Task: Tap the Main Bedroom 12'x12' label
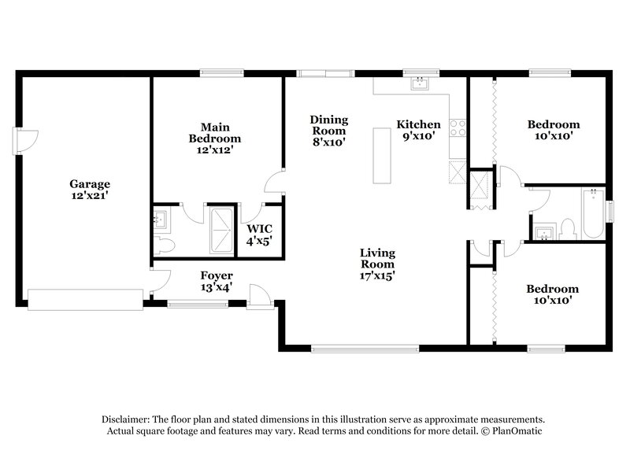pyautogui.click(x=209, y=138)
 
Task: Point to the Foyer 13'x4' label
pyautogui.click(x=217, y=281)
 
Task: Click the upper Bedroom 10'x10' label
pyautogui.click(x=553, y=130)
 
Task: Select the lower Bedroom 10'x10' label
pyautogui.click(x=552, y=294)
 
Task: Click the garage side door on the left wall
pyautogui.click(x=25, y=140)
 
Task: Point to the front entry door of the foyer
pyautogui.click(x=258, y=295)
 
